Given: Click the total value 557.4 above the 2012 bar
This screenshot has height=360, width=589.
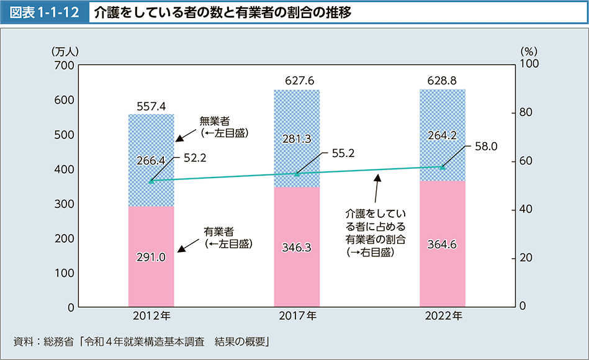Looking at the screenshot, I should [x=151, y=106].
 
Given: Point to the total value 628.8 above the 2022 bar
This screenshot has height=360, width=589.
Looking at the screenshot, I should [x=443, y=81].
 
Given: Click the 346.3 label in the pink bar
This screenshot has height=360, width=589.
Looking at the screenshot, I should [x=297, y=248].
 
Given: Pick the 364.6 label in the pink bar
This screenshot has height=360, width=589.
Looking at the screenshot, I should [x=443, y=245].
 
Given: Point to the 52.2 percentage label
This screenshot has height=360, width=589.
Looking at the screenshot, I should [x=195, y=158].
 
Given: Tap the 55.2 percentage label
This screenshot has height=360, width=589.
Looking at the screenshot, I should [x=341, y=152].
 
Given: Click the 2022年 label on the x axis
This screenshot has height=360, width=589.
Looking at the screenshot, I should [x=443, y=316].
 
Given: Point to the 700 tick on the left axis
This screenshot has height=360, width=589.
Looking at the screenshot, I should [x=65, y=65].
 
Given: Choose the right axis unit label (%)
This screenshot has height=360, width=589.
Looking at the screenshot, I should [x=528, y=51].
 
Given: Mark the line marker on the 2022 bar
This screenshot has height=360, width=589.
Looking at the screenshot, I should [x=443, y=167].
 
